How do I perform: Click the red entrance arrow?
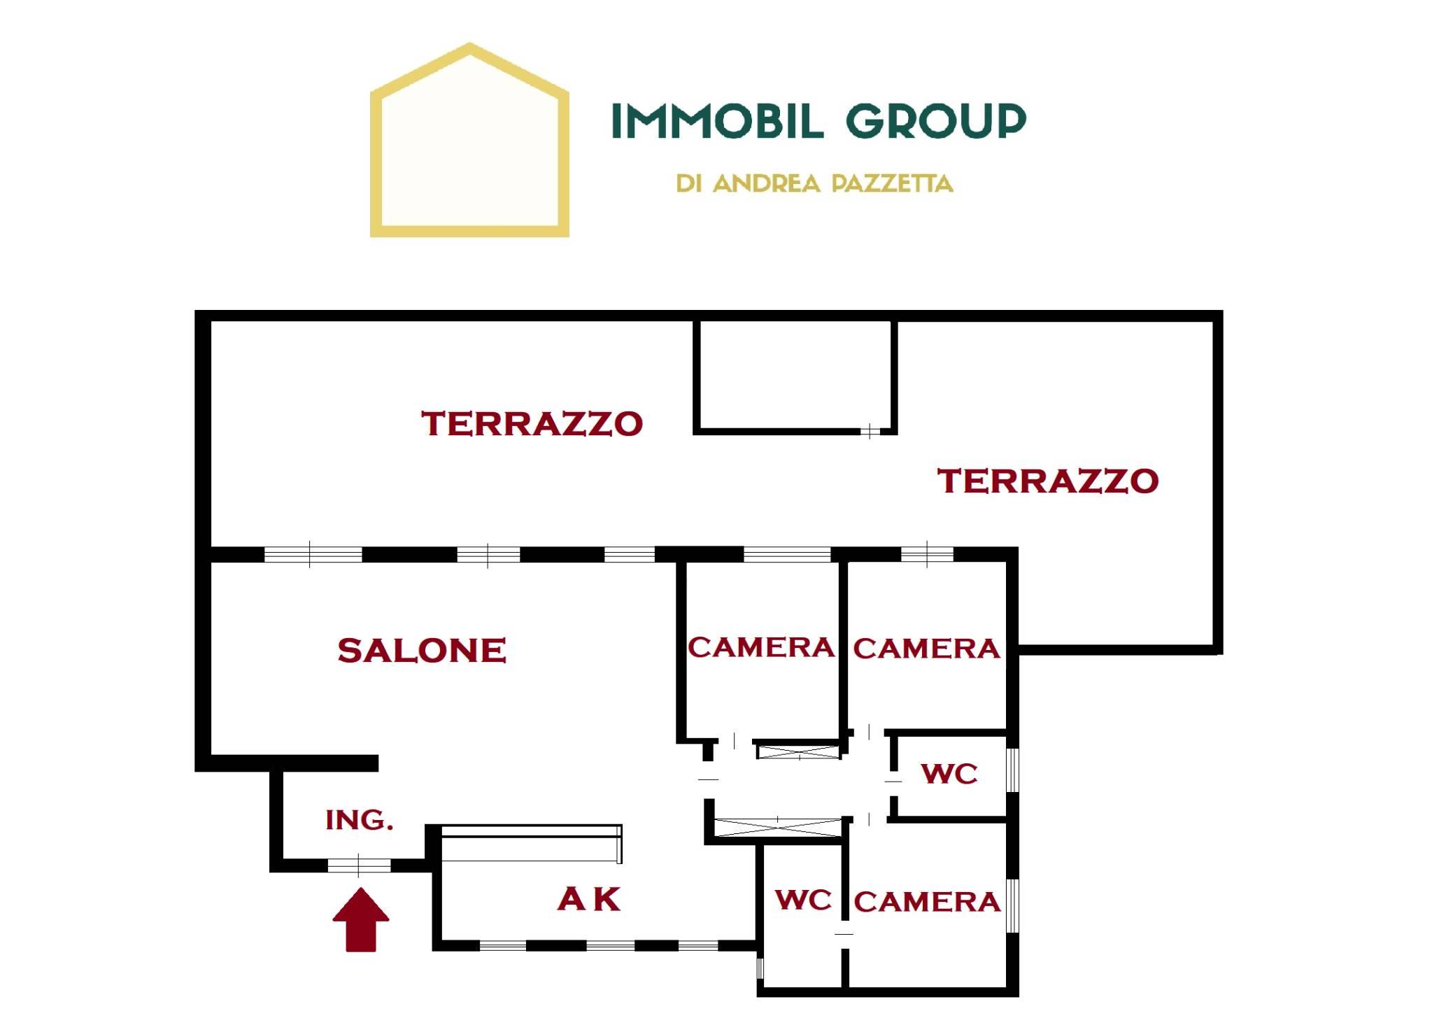click(x=360, y=919)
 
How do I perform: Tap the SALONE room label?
click(x=422, y=651)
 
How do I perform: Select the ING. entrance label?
click(x=359, y=819)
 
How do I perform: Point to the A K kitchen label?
click(x=589, y=899)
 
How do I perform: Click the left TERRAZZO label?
click(x=532, y=424)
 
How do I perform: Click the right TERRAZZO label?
click(x=1048, y=481)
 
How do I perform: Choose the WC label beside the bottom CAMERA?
click(x=804, y=900)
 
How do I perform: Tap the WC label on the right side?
click(x=949, y=774)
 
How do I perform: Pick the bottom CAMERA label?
click(x=927, y=902)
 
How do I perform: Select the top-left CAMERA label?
click(x=761, y=647)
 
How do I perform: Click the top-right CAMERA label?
click(x=926, y=649)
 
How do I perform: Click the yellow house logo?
click(x=469, y=140)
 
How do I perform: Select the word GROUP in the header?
click(x=937, y=120)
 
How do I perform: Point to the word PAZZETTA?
click(x=892, y=183)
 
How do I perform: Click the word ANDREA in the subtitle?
click(x=766, y=183)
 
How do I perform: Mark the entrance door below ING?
click(x=359, y=865)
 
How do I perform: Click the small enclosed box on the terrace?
click(x=795, y=376)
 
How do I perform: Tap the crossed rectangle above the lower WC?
click(x=779, y=827)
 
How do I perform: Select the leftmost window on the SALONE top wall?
click(x=313, y=555)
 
